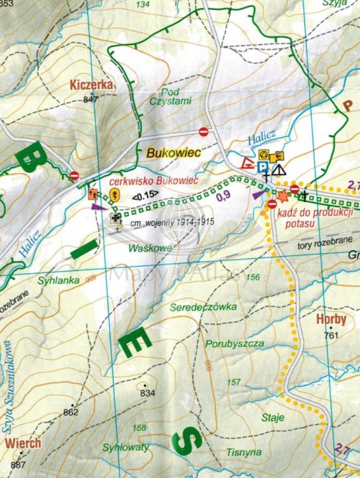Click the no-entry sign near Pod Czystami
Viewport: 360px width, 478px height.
pyautogui.click(x=204, y=131)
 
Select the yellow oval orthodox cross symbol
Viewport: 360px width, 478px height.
pyautogui.click(x=115, y=194)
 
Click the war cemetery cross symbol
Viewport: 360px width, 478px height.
pyautogui.click(x=115, y=218)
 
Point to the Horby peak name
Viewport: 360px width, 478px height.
pyautogui.click(x=331, y=321)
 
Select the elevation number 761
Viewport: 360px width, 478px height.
pyautogui.click(x=330, y=335)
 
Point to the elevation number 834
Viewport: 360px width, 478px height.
pyautogui.click(x=148, y=393)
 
